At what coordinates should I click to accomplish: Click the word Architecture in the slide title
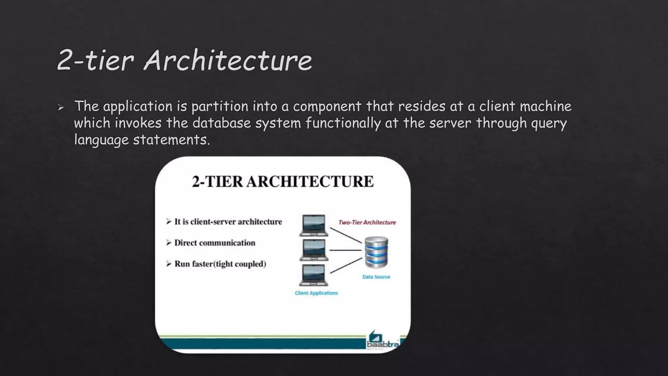[x=228, y=60]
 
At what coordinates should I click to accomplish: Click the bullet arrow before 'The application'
[x=61, y=107]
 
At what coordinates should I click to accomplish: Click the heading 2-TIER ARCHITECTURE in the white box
[x=283, y=181]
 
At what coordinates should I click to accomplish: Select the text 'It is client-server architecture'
[x=228, y=222]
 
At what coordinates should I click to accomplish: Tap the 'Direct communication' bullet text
[x=214, y=243]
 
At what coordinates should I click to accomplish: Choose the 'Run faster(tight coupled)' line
[x=220, y=264]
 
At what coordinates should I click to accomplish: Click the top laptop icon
[x=313, y=225]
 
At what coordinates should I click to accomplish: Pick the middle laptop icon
[x=313, y=250]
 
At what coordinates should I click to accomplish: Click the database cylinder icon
[x=376, y=252]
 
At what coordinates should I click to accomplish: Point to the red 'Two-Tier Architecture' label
[x=367, y=223]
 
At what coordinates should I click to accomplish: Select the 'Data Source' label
[x=376, y=277]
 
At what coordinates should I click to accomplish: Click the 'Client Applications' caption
[x=316, y=293]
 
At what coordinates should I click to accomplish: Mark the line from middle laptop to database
[x=346, y=250]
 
